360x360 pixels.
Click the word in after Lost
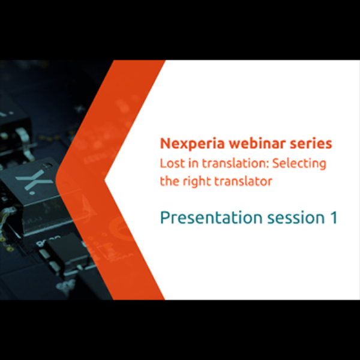[190, 163]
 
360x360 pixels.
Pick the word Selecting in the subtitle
[300, 163]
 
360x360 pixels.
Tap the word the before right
[169, 181]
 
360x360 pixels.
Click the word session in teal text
[287, 218]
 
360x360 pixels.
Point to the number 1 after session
[332, 218]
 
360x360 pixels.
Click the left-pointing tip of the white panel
[106, 179]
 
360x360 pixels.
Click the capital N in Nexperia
[164, 144]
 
